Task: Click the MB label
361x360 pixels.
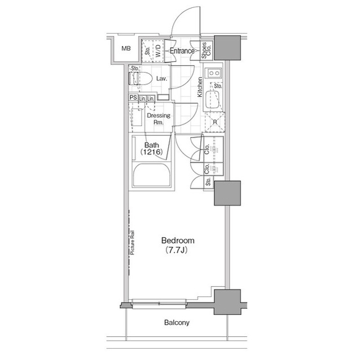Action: [x=126, y=49]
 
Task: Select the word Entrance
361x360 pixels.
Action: [x=182, y=51]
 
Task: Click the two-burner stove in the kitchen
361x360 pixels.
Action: [x=214, y=73]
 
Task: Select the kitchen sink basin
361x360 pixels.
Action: [x=214, y=100]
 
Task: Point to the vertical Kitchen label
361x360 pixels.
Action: [x=200, y=87]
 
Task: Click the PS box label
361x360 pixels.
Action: [x=133, y=98]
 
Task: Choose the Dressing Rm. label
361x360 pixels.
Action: [x=155, y=118]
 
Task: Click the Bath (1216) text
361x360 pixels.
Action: [x=151, y=148]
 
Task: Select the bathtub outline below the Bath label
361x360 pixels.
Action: [x=151, y=175]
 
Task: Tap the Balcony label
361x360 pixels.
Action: [x=177, y=323]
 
